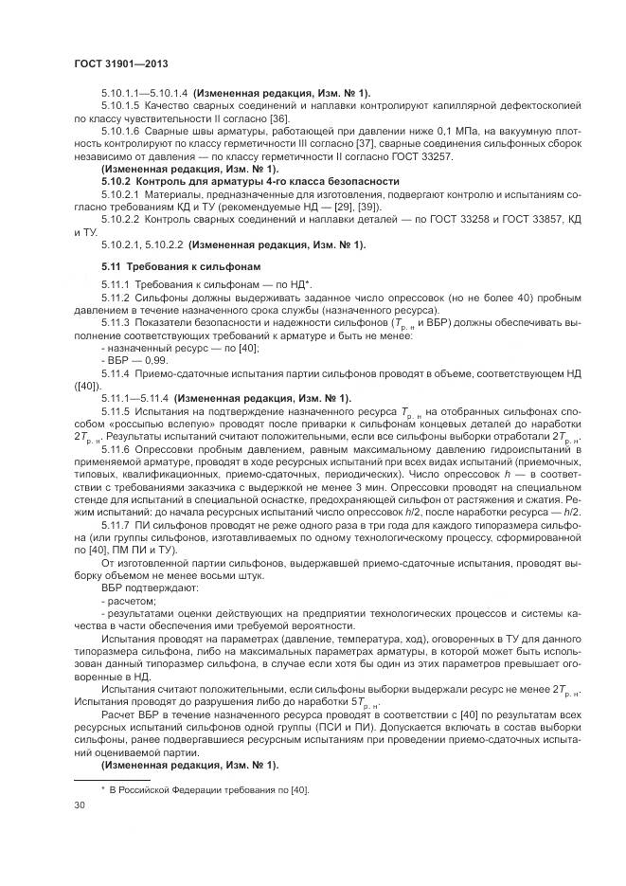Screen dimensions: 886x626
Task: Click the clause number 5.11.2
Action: pyautogui.click(x=118, y=297)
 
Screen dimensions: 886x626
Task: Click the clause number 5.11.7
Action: pyautogui.click(x=118, y=524)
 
